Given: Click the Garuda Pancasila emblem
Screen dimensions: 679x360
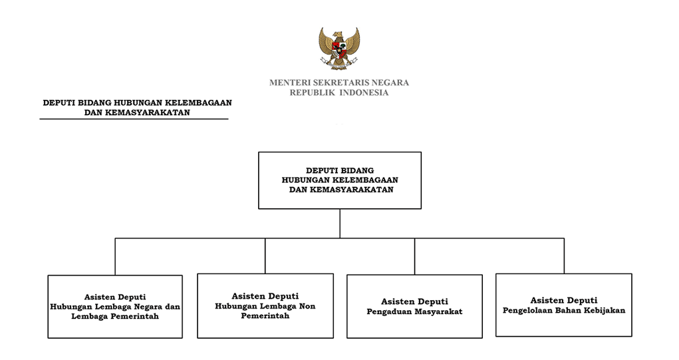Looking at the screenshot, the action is pos(339,48).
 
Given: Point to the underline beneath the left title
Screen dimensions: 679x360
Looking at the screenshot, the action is pos(134,118).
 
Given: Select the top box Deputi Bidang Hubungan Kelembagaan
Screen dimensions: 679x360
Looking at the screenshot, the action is pos(340,180).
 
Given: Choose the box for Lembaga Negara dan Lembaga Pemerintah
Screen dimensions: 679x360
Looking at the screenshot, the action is pos(115,307).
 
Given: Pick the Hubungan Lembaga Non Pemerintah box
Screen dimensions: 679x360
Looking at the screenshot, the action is pos(265,306).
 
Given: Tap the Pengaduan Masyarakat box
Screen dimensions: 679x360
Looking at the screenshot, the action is pos(415,306).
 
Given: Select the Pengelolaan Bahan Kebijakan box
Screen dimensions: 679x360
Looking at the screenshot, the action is pos(564,305).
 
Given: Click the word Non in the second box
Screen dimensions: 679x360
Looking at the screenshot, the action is pos(307,306).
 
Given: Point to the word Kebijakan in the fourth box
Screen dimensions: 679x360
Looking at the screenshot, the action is pos(605,311).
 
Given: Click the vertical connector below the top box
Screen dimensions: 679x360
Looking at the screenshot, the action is pos(340,224).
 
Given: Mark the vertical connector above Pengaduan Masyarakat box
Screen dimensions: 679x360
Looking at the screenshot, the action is pos(415,256).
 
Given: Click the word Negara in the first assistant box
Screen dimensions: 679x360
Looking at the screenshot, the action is pos(147,307).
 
